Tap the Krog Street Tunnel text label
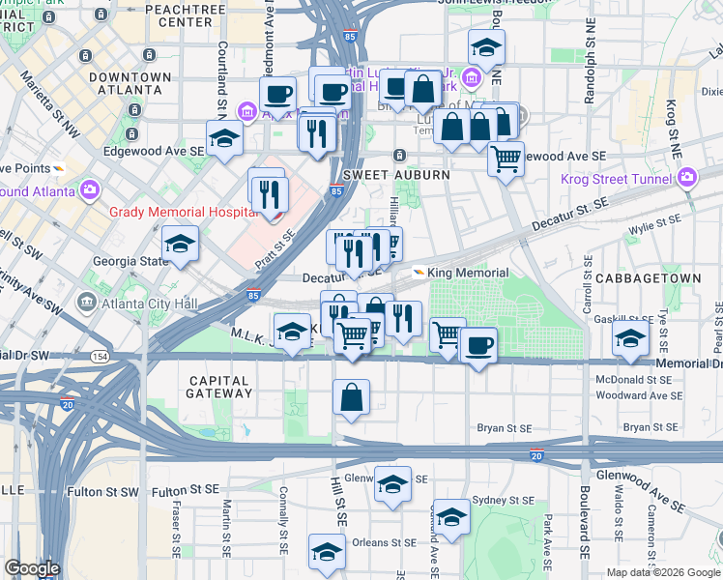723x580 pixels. (618, 178)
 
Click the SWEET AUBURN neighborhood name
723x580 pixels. (383, 175)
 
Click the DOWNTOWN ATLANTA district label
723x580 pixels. (130, 83)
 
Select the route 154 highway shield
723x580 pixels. (126, 357)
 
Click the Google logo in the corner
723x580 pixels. (32, 567)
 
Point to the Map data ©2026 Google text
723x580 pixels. (663, 572)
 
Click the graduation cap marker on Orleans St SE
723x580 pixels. (328, 552)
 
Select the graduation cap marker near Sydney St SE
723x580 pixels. (451, 517)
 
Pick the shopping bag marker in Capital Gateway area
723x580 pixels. (352, 397)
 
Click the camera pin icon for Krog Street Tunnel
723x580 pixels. (687, 177)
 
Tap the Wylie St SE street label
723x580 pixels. (654, 225)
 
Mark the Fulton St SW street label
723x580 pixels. (103, 492)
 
